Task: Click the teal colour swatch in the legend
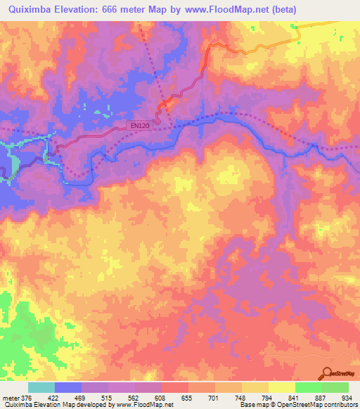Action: point(41,387)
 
